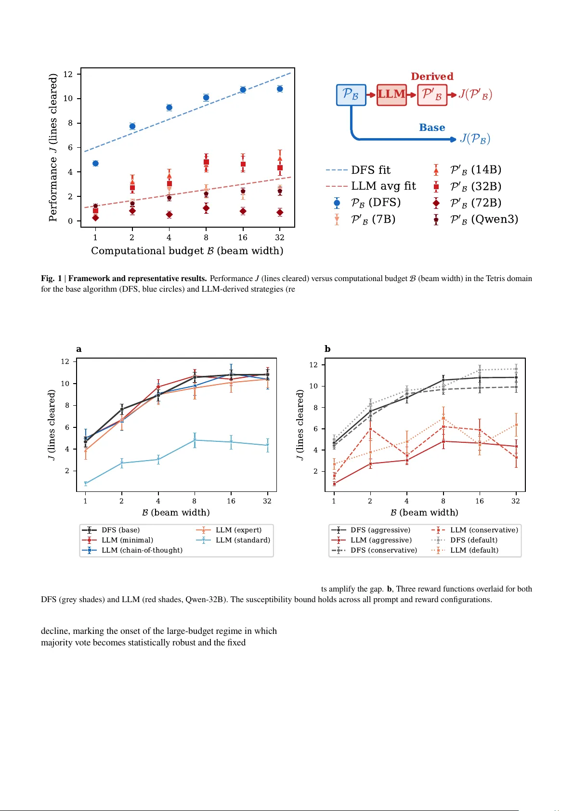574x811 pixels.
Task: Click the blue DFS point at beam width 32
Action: click(x=280, y=89)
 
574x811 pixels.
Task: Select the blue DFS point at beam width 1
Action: click(x=95, y=164)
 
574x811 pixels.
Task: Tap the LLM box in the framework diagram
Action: click(x=391, y=94)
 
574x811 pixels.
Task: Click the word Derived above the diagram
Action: click(x=432, y=77)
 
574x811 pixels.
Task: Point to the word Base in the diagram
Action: click(x=432, y=128)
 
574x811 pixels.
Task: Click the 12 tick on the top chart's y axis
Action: click(x=68, y=74)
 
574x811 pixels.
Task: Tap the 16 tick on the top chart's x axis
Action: click(x=243, y=238)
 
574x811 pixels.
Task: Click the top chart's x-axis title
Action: click(x=187, y=251)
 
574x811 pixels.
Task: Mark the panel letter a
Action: click(x=79, y=349)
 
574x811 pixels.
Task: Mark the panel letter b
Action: click(x=327, y=349)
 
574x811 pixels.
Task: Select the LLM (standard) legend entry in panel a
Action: click(x=243, y=540)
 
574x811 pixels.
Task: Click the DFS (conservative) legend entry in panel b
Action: click(x=384, y=550)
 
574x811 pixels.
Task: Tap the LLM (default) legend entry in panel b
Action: click(x=474, y=550)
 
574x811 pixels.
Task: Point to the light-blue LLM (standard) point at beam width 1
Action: click(x=86, y=483)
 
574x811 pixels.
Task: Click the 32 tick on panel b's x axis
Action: click(x=516, y=501)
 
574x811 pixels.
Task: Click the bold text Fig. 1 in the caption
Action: click(x=51, y=278)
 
